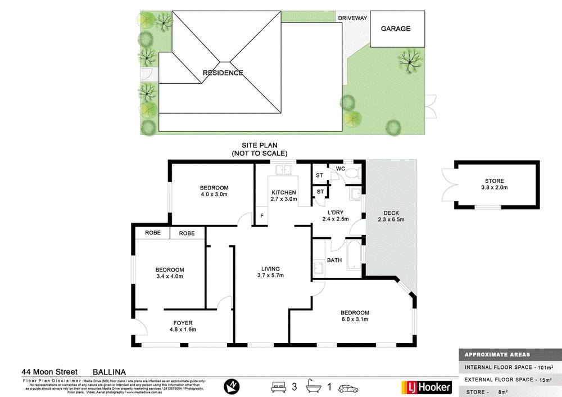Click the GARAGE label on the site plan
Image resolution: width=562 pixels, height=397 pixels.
396,29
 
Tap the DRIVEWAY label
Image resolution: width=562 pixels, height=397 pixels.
352,18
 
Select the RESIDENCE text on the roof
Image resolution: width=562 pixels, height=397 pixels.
223,73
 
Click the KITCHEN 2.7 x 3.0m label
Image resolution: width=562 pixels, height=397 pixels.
283,196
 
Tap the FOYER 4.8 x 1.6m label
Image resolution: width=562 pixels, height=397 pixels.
183,326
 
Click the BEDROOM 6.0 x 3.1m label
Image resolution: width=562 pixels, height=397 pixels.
355,316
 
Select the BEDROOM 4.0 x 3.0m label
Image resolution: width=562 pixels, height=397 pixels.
214,191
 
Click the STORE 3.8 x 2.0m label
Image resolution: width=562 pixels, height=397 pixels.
495,184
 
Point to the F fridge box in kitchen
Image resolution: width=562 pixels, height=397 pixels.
261,216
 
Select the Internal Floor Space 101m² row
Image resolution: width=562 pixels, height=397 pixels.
509,367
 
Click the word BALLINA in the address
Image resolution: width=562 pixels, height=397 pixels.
109,372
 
